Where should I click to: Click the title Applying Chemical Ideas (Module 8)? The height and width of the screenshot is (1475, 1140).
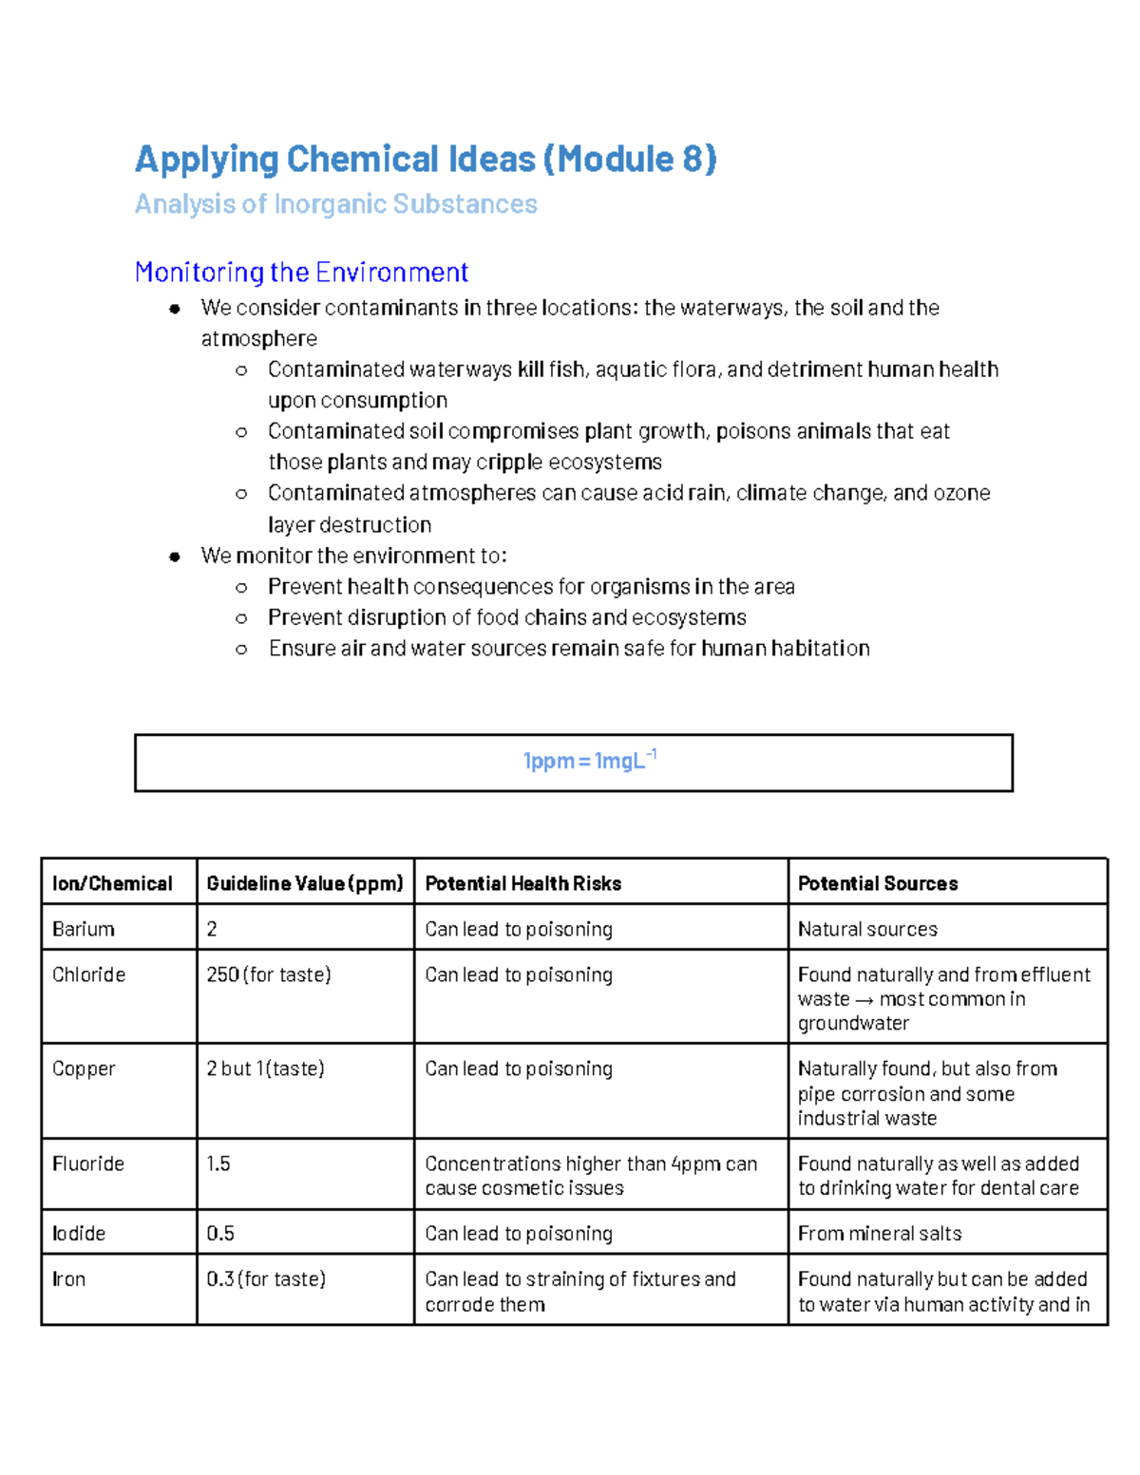pyautogui.click(x=426, y=159)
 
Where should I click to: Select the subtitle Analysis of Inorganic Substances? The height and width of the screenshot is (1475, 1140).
pyautogui.click(x=335, y=204)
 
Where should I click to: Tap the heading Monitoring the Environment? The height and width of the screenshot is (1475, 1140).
pyautogui.click(x=301, y=273)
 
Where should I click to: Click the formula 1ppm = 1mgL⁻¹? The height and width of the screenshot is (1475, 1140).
pyautogui.click(x=589, y=761)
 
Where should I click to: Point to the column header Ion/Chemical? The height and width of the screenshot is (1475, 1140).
pyautogui.click(x=112, y=883)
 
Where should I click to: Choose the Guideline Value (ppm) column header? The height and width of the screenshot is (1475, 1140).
pyautogui.click(x=304, y=883)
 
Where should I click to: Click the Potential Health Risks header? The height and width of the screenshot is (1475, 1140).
pyautogui.click(x=522, y=883)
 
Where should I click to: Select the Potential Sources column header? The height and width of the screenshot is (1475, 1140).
pyautogui.click(x=877, y=883)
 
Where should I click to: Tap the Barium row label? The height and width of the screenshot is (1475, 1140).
pyautogui.click(x=84, y=929)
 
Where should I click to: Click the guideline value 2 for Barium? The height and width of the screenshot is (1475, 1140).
pyautogui.click(x=212, y=929)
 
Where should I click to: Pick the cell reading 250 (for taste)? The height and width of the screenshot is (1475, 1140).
pyautogui.click(x=268, y=974)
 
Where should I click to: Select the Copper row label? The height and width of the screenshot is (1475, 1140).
pyautogui.click(x=84, y=1068)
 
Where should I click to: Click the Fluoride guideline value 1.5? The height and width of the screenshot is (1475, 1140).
pyautogui.click(x=218, y=1163)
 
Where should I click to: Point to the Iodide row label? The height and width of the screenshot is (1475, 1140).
pyautogui.click(x=79, y=1233)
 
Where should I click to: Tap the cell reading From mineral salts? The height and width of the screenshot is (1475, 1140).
pyautogui.click(x=879, y=1233)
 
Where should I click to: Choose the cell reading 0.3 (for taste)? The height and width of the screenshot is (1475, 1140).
pyautogui.click(x=266, y=1279)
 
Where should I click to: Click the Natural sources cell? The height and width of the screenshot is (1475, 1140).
pyautogui.click(x=867, y=929)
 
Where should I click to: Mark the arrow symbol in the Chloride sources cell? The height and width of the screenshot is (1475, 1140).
pyautogui.click(x=864, y=999)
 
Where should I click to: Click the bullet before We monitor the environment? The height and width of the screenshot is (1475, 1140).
pyautogui.click(x=175, y=557)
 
